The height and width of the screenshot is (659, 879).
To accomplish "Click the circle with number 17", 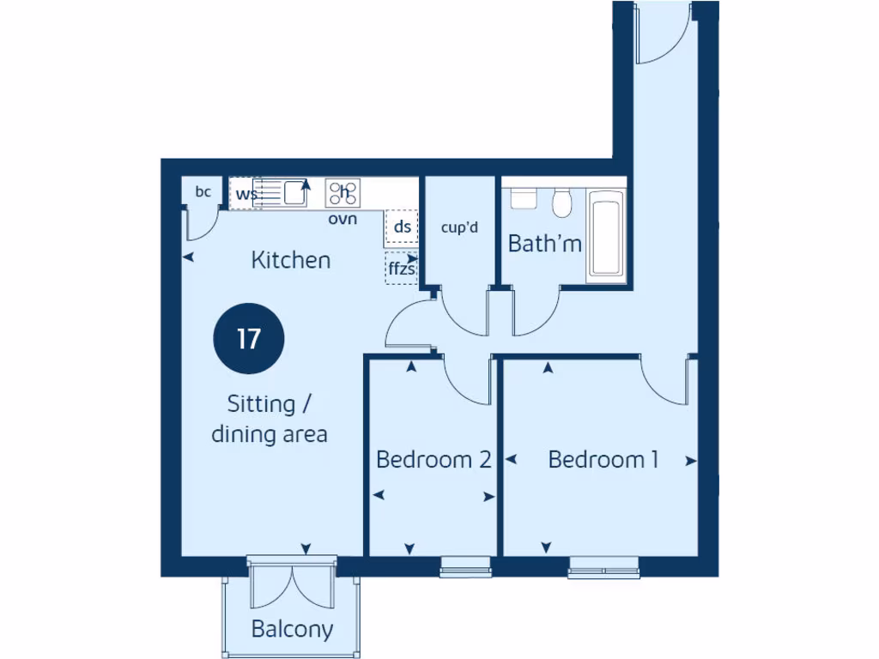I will coord(248,339).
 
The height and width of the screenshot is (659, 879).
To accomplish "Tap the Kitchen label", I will coord(290,260).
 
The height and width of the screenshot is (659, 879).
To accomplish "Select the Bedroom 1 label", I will coord(603,460).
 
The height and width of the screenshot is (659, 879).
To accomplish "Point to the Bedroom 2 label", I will coord(433,460).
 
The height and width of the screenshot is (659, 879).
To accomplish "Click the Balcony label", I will coord(292,630).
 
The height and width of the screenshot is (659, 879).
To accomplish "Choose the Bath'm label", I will coord(544,244).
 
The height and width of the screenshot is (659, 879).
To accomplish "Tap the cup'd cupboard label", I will coord(459,228).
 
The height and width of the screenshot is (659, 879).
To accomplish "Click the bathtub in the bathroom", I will coord(607,237).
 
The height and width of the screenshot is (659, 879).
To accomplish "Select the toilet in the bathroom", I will coord(563,203).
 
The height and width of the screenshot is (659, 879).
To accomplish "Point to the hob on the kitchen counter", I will coord(343,193).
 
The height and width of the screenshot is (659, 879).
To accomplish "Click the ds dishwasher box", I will coord(402,227).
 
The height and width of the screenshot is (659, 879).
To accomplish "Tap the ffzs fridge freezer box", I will coord(401,268).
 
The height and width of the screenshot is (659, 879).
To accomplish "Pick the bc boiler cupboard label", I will coord(203,192).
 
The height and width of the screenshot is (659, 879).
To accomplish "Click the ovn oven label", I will coord(343,219).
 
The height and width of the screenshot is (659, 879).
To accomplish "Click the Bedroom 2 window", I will coord(465,565).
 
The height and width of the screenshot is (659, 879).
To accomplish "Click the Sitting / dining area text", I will coord(270,419).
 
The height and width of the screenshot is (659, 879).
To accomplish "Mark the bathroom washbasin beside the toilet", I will coord(523,197).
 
